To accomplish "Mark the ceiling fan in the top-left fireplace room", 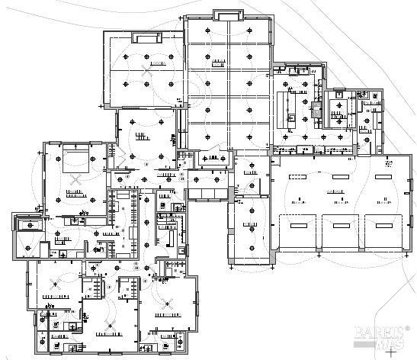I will [146, 67].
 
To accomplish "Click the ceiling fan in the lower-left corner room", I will [54, 282].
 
